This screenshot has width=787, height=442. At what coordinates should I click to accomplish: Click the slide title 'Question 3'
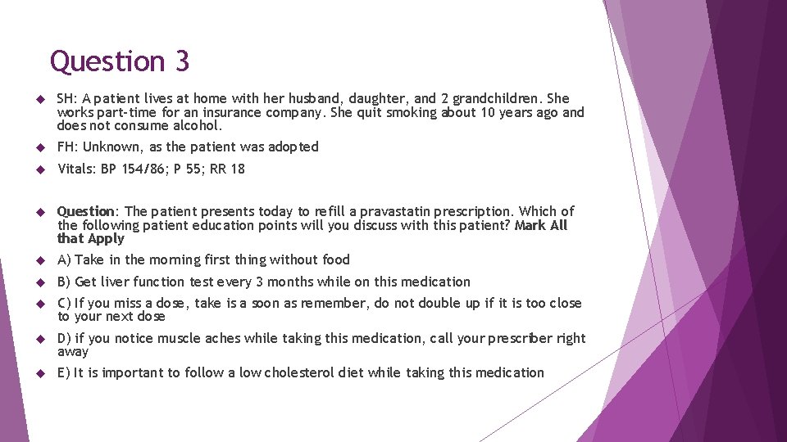click(120, 61)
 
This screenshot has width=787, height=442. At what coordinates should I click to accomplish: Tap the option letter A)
click(64, 259)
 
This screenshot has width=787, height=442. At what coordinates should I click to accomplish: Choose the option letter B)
click(64, 282)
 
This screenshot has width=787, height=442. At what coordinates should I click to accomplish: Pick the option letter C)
click(64, 303)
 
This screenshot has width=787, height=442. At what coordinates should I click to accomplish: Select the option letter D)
click(64, 338)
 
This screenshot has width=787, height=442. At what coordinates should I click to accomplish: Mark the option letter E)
click(64, 372)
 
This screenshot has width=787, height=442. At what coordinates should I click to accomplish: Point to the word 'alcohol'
click(198, 126)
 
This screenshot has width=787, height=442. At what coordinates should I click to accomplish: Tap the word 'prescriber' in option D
click(521, 338)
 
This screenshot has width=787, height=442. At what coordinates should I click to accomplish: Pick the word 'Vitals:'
click(77, 169)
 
